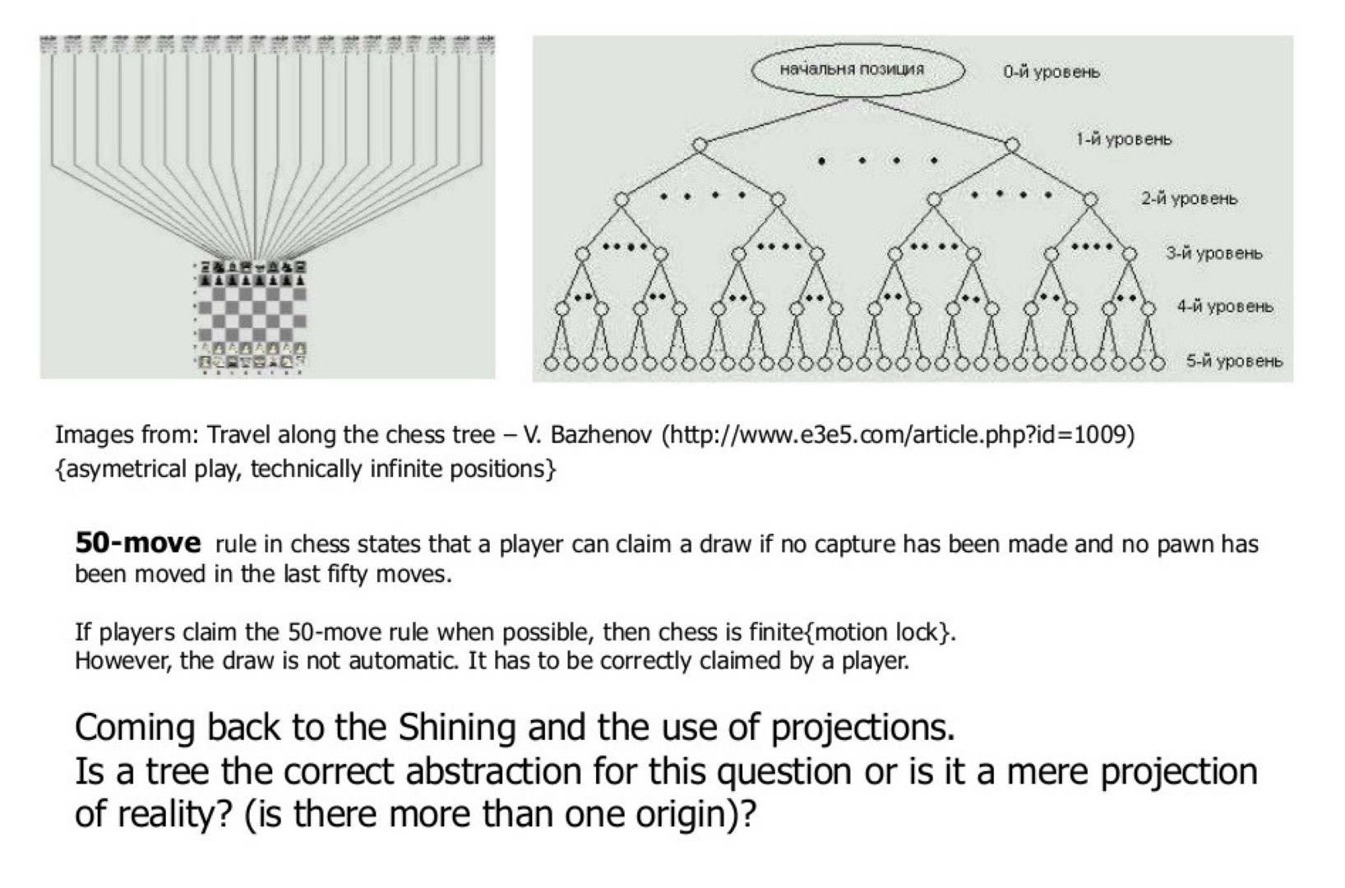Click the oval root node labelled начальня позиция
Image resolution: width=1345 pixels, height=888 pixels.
[x=857, y=70]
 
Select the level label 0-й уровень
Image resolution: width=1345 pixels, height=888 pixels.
[x=1051, y=72]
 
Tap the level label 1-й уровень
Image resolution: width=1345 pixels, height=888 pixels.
[x=1124, y=139]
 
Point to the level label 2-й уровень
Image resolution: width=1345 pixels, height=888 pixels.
[x=1188, y=199]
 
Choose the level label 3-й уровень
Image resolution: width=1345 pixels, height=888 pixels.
[x=1213, y=253]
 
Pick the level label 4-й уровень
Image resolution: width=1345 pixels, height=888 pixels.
[x=1224, y=307]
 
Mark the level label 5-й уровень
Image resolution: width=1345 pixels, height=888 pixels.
[x=1233, y=361]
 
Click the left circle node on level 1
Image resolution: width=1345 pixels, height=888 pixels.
[x=699, y=146]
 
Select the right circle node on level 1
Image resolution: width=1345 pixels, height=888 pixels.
[x=1013, y=146]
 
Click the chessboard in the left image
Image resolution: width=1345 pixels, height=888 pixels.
[x=252, y=315]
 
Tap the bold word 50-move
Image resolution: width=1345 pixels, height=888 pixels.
[x=137, y=543]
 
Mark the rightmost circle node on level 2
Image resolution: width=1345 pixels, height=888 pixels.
[x=1090, y=200]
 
